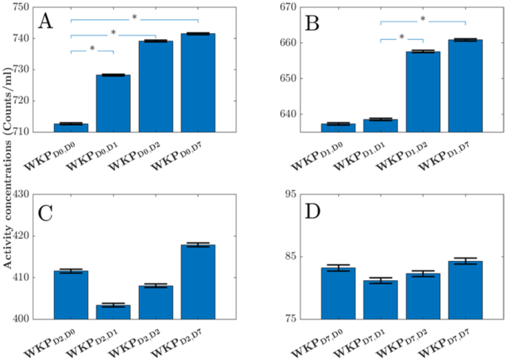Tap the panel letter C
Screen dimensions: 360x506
pos(46,214)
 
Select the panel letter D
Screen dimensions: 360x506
pos(313,213)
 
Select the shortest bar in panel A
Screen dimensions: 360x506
pos(71,128)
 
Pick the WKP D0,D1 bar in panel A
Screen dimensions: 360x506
pos(113,103)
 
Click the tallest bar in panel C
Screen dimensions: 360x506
pos(198,282)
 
